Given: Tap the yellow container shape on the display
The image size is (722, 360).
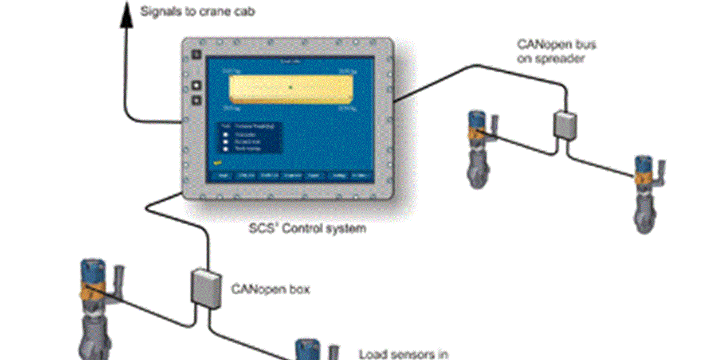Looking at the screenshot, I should click(290, 87).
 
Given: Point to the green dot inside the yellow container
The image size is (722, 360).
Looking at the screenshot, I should click(291, 87).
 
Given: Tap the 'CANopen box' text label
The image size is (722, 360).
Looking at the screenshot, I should click(270, 289).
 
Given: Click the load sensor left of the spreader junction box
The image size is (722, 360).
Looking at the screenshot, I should click(478, 146).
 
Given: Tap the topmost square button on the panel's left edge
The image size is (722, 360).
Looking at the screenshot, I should click(196, 56).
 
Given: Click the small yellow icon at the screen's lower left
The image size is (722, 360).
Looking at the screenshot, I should click(218, 163).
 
